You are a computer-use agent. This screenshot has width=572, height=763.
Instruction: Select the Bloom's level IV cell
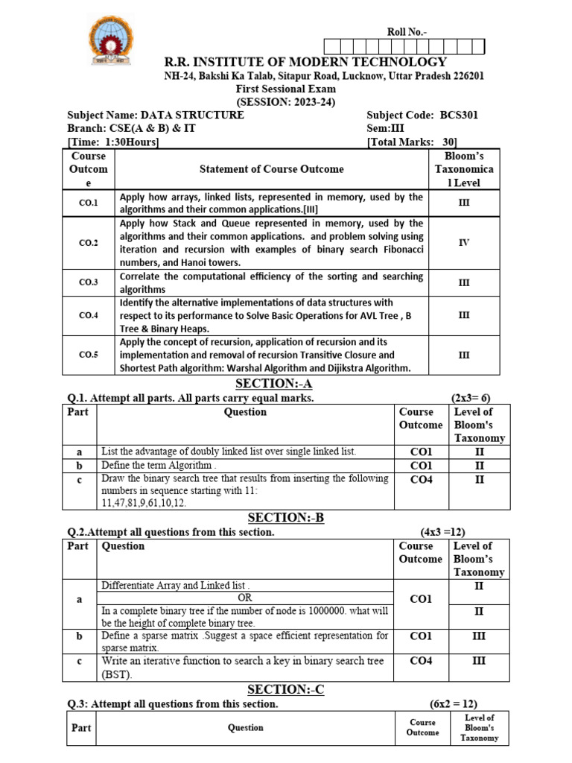tap(464, 243)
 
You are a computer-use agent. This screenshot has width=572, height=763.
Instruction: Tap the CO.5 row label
tap(89, 355)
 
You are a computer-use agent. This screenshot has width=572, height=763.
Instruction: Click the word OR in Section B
tap(244, 598)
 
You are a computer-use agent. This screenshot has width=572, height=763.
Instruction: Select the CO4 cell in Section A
tap(421, 480)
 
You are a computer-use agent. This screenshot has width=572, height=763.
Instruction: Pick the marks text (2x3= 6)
tap(471, 398)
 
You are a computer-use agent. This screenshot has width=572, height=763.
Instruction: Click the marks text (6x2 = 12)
tap(454, 704)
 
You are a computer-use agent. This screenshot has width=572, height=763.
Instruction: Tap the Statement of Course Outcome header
tap(272, 169)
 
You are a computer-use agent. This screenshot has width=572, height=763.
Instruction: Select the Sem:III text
tap(386, 129)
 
